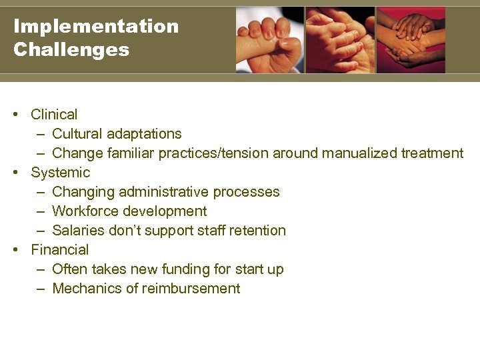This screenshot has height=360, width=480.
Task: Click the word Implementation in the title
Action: click(x=96, y=27)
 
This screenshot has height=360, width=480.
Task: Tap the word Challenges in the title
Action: click(x=71, y=50)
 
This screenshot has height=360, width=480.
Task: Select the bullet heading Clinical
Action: click(x=54, y=115)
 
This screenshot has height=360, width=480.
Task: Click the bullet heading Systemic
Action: click(x=60, y=173)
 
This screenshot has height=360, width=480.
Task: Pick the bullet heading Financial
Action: click(x=59, y=250)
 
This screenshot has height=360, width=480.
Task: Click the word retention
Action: click(x=256, y=231)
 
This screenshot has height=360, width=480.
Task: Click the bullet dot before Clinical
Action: click(x=15, y=115)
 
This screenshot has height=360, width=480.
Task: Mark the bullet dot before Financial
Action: click(x=15, y=250)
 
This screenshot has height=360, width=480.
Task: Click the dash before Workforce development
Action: click(x=41, y=211)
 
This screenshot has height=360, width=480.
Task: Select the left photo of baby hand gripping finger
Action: click(x=270, y=40)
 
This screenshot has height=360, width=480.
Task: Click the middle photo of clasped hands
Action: click(x=340, y=40)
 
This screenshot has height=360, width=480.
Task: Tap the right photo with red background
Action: click(x=411, y=40)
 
